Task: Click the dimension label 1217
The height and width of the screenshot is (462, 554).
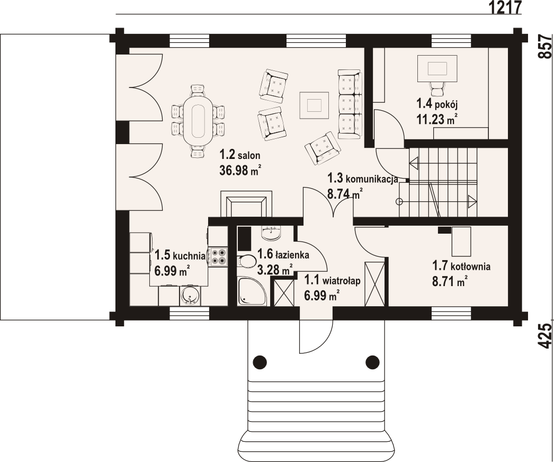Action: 506,7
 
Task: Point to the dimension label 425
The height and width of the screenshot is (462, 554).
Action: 545,336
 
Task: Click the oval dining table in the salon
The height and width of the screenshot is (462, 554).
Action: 198,121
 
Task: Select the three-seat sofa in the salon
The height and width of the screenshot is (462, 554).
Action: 350,104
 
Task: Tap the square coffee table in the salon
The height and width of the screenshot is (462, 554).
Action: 314,105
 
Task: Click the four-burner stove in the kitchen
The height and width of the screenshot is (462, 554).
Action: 218,257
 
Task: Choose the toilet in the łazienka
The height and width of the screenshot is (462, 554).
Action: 247,261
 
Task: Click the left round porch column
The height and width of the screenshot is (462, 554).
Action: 260,362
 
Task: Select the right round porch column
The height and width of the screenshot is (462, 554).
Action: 372,362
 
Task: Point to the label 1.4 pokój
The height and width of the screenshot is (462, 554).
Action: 437,104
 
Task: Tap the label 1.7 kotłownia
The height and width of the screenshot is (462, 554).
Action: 461,265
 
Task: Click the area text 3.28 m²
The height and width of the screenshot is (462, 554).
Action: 275,270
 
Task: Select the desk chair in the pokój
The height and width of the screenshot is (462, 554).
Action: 437,87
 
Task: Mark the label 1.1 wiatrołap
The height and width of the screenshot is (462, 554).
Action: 333,280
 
